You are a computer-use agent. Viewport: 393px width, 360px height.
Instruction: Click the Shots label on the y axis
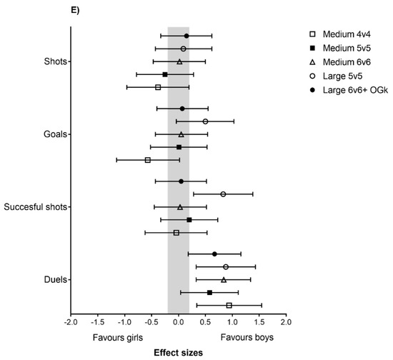(x=54, y=61)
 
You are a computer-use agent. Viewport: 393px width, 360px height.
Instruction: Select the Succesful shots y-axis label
(x=36, y=207)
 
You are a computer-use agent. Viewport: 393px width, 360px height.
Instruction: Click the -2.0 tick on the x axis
(x=71, y=323)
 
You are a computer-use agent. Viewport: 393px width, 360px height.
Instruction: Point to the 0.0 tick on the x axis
(x=179, y=323)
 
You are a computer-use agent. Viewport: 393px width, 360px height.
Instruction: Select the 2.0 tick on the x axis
(x=286, y=323)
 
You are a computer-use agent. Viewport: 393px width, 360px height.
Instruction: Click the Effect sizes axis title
(x=179, y=352)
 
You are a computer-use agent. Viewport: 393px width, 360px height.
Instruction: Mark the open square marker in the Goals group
(x=148, y=160)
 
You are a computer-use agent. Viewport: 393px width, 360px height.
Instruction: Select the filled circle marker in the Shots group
(x=186, y=36)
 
